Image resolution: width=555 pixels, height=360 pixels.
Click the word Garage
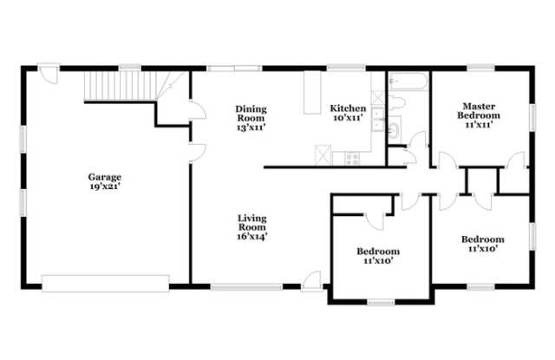105,177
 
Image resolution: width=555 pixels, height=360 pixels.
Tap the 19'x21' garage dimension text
105,187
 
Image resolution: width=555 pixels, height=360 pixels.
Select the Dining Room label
251,114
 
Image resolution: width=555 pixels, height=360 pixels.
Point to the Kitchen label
348,108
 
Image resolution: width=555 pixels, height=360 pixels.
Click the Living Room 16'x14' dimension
251,237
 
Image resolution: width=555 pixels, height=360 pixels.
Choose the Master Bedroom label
479,111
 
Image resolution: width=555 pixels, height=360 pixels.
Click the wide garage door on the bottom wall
106,284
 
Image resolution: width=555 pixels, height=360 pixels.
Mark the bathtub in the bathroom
408,82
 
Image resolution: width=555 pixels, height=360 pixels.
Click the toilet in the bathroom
397,102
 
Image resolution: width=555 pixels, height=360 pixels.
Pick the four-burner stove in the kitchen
353,159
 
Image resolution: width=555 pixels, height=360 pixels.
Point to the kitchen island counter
312,93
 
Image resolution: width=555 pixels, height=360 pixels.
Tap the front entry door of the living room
311,282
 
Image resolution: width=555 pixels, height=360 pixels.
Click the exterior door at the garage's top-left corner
49,74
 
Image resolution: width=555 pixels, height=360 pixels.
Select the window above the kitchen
346,68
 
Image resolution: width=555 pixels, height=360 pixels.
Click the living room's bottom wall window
246,287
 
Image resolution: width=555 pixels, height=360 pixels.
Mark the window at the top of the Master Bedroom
480,68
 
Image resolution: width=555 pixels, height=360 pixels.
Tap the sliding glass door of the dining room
234,69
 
